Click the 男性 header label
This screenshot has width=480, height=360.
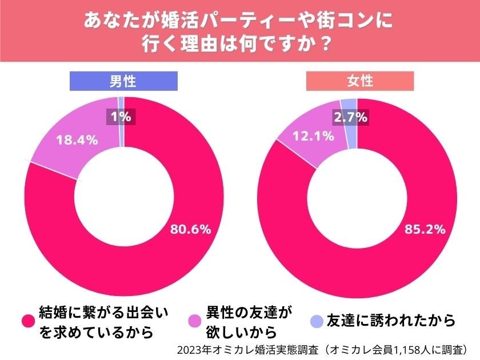point(123,81)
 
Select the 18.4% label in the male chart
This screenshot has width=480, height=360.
point(76,139)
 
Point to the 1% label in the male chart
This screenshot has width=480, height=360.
point(121,117)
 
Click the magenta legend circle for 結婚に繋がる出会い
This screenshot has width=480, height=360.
point(27,322)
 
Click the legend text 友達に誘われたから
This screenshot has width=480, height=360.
point(391,321)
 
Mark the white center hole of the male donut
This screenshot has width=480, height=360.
point(124,197)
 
